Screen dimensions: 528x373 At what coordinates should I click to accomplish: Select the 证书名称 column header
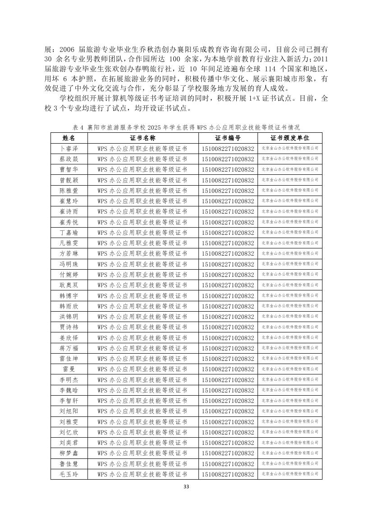pyautogui.click(x=143, y=138)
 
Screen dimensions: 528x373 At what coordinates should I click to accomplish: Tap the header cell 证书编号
pyautogui.click(x=228, y=138)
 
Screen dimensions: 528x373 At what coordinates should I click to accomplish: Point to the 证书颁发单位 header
pyautogui.click(x=290, y=138)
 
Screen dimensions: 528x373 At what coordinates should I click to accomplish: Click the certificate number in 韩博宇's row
pyautogui.click(x=228, y=296)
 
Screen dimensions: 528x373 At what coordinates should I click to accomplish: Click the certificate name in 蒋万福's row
pyautogui.click(x=143, y=348)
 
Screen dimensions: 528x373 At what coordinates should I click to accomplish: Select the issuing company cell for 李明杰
pyautogui.click(x=290, y=380)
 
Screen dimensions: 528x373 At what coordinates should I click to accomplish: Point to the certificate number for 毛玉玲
pyautogui.click(x=228, y=474)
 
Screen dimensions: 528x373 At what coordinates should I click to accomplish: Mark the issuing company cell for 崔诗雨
pyautogui.click(x=290, y=211)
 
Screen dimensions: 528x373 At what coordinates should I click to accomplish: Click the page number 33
pyautogui.click(x=187, y=487)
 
